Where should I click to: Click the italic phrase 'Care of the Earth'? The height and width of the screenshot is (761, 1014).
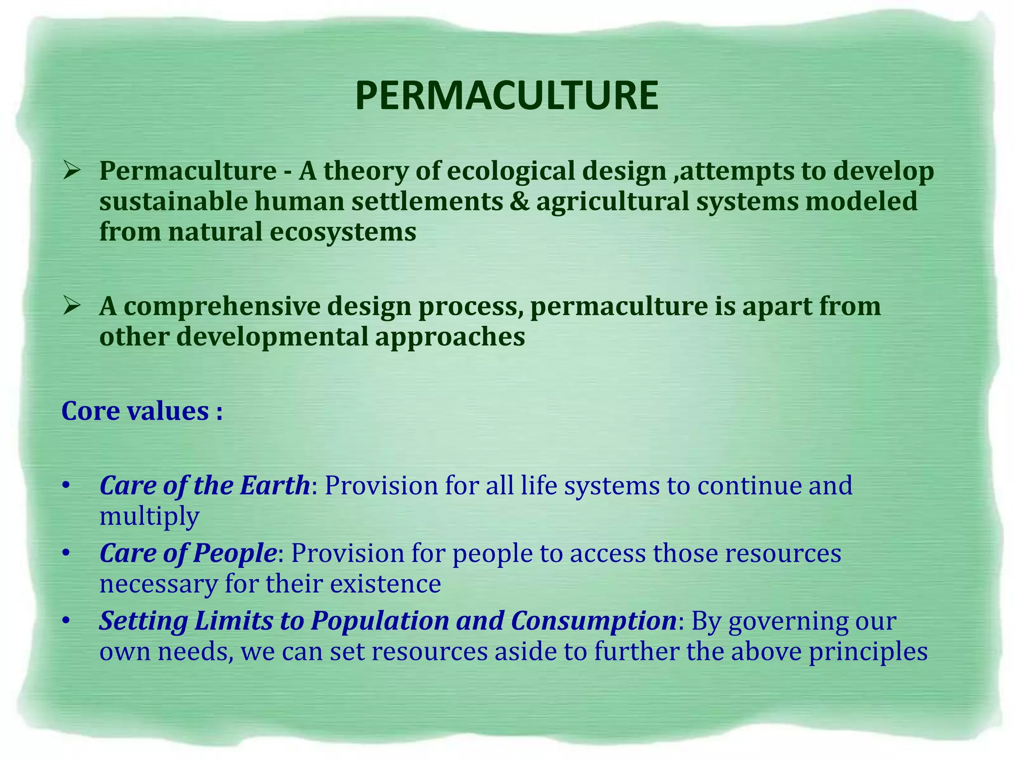(x=204, y=486)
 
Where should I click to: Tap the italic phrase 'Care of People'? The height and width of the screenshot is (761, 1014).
(x=188, y=553)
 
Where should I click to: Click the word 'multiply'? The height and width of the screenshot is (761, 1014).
(x=149, y=517)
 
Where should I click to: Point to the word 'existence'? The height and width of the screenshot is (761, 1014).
(x=385, y=584)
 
